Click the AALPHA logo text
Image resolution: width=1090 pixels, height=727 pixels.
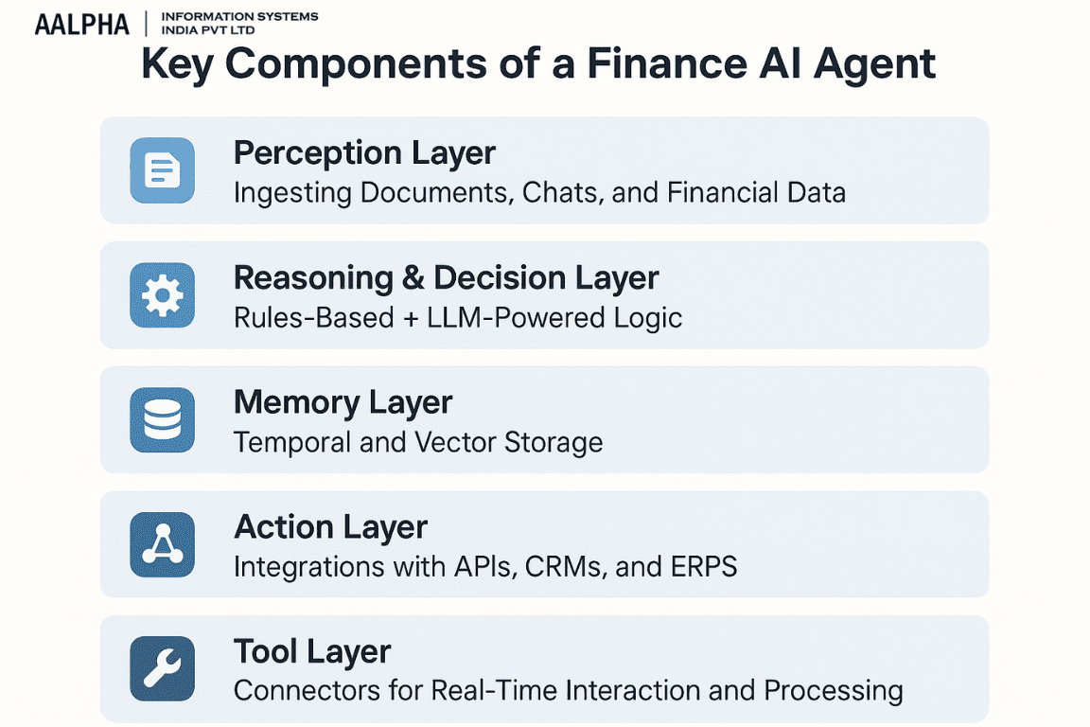(81, 24)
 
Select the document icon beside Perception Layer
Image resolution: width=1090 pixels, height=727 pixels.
(162, 170)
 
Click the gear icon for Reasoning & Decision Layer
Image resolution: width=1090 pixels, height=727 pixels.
(162, 295)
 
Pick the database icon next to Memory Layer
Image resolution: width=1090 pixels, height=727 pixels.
(162, 419)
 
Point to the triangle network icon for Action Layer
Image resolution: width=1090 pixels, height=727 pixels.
(162, 544)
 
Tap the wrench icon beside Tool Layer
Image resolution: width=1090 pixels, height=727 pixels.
(162, 668)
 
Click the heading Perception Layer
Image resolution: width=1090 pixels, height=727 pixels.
(364, 152)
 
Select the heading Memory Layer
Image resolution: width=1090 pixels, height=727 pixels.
(343, 402)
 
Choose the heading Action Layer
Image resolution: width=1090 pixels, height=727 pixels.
(330, 526)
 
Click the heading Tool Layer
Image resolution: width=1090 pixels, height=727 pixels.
(311, 651)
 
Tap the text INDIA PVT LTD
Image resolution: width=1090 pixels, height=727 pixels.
(207, 30)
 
